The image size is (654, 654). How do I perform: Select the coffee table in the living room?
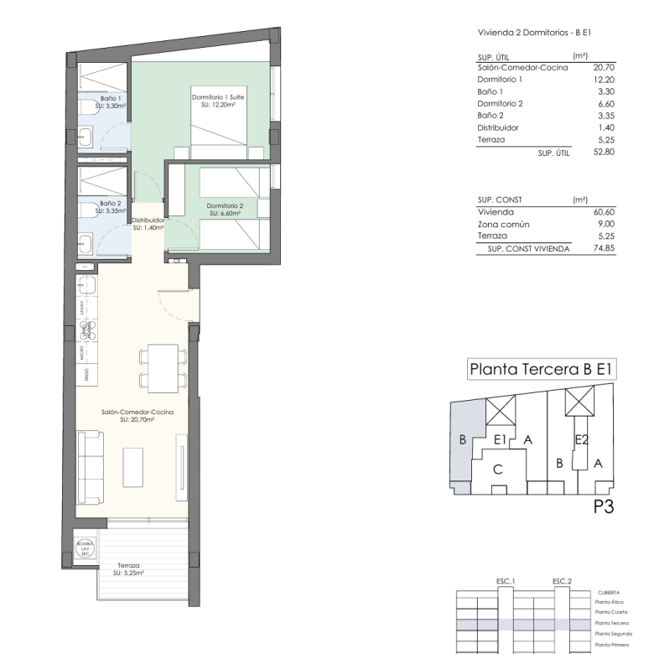(x=135, y=468)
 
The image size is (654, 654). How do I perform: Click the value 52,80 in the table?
(x=604, y=153)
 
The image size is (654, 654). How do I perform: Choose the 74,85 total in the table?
(x=604, y=249)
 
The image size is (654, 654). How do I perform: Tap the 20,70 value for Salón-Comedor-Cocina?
(x=604, y=67)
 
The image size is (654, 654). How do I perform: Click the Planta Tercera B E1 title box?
(x=541, y=367)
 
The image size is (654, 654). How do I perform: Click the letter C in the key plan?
(x=497, y=470)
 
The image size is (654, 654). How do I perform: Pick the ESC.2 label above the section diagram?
(x=561, y=580)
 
